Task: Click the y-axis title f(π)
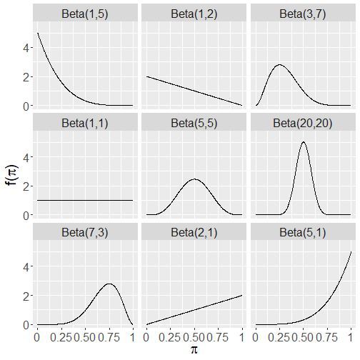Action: coord(11,175)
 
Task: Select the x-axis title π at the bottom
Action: coord(194,350)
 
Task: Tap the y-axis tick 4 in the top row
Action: coord(26,48)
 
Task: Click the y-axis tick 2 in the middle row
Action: coord(26,186)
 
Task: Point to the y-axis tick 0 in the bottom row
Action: coord(26,325)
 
